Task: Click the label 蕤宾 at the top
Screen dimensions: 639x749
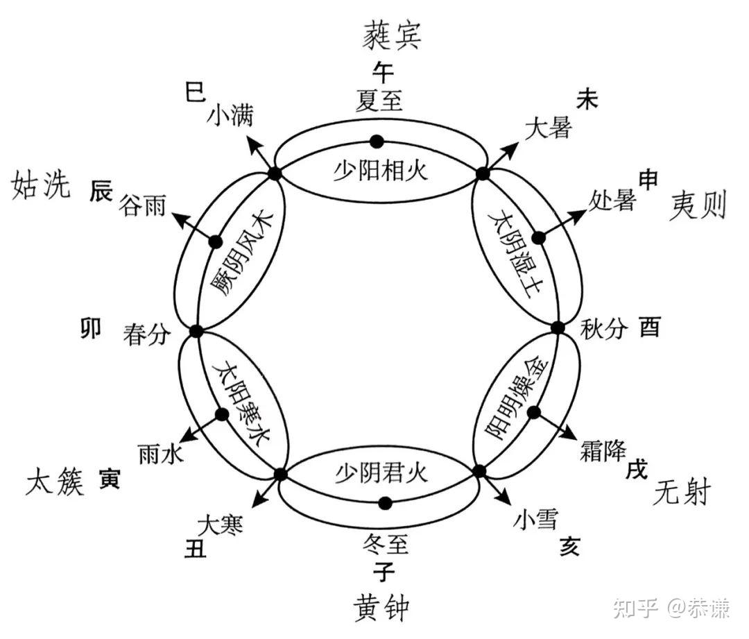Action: tap(391, 35)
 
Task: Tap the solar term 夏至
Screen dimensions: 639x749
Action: tap(378, 101)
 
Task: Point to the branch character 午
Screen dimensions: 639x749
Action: tap(383, 71)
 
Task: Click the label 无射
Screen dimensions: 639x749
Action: tap(682, 494)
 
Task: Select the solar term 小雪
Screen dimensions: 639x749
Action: tap(535, 518)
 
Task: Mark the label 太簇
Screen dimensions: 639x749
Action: tap(55, 481)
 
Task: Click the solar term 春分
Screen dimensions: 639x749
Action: tap(146, 334)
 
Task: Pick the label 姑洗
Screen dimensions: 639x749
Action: tap(42, 186)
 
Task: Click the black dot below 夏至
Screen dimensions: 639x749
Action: tap(377, 142)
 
